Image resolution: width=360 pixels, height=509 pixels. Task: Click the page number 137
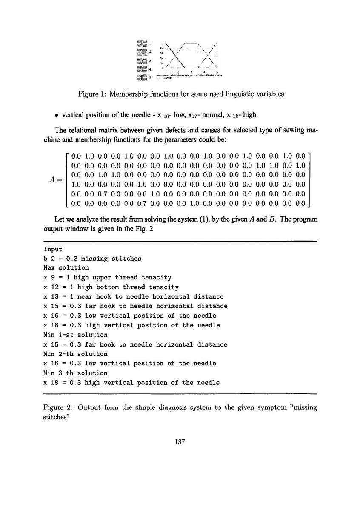tap(179, 442)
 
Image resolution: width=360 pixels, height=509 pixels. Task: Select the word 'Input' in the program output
tap(53, 249)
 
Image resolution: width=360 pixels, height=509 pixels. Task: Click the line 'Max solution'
tap(66, 268)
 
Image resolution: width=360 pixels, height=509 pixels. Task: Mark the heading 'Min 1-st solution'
tap(76, 335)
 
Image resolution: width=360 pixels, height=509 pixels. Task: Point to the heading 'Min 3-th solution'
tap(76, 373)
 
